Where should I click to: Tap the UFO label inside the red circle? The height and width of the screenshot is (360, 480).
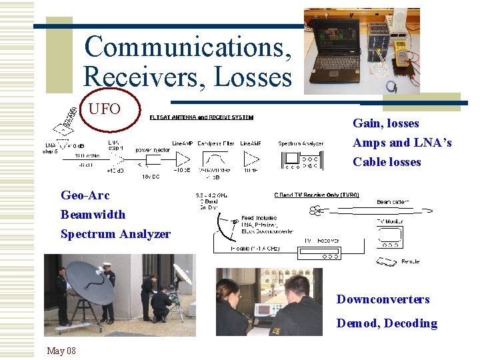[x=105, y=107]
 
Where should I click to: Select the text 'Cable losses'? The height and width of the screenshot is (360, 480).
[x=387, y=162]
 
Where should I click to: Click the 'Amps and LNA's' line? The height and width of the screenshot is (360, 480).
[x=402, y=143]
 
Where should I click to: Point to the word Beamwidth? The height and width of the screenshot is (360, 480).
[x=93, y=215]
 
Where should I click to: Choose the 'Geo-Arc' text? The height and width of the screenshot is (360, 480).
[x=85, y=195]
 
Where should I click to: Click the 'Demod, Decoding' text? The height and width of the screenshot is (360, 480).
[x=387, y=323]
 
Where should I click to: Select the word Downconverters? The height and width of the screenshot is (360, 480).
[x=383, y=299]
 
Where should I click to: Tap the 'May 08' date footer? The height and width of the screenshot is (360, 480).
[x=61, y=351]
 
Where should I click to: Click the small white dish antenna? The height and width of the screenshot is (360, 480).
[x=181, y=274]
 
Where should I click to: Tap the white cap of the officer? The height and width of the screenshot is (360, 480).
[x=105, y=265]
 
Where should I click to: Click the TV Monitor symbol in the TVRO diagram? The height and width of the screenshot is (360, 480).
[x=389, y=236]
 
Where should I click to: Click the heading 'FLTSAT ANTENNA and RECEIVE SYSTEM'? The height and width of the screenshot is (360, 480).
[x=201, y=118]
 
